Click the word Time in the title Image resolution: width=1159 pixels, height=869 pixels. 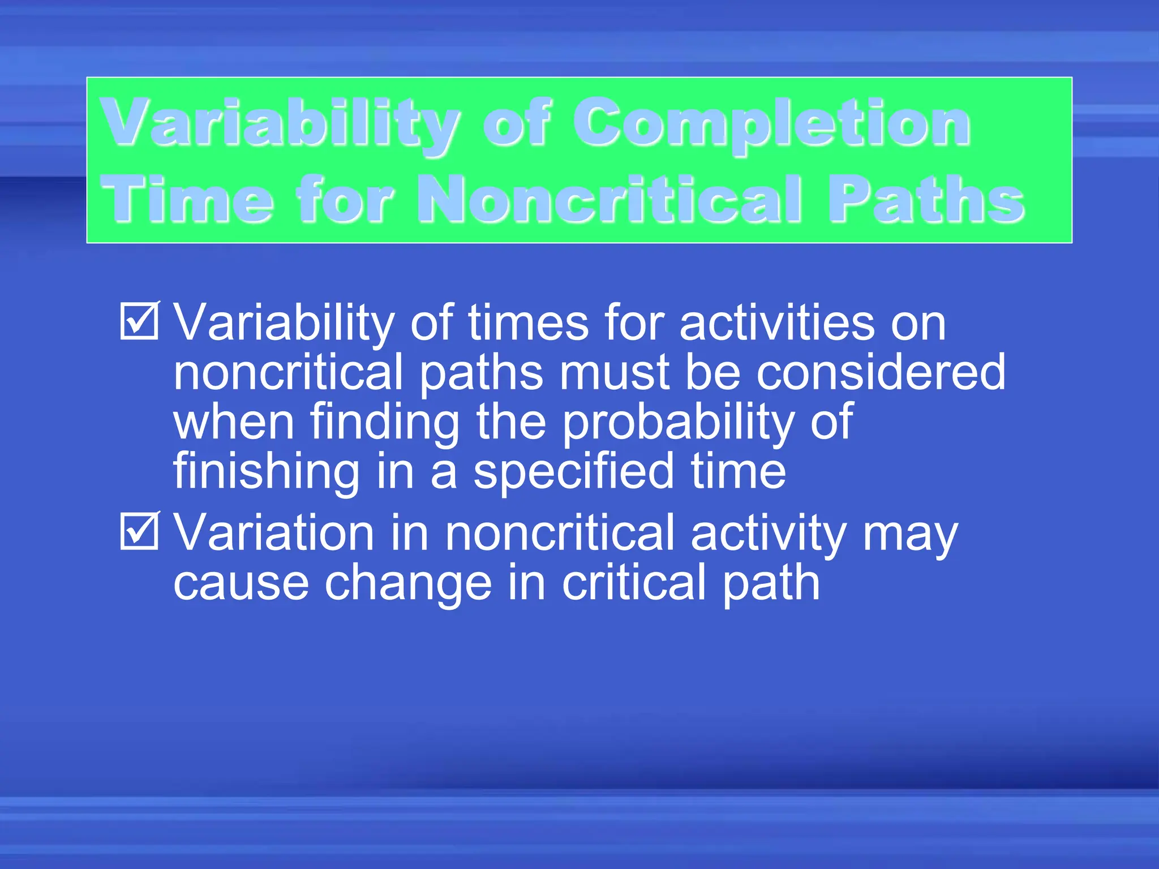coord(187,199)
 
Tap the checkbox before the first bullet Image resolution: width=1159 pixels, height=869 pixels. coord(139,321)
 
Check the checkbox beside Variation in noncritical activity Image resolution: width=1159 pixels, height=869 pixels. coord(139,531)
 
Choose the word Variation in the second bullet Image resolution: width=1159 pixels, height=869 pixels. coord(274,533)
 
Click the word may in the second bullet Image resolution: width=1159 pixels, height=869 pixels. coord(910,533)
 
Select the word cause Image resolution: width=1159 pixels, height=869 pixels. coord(241,584)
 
